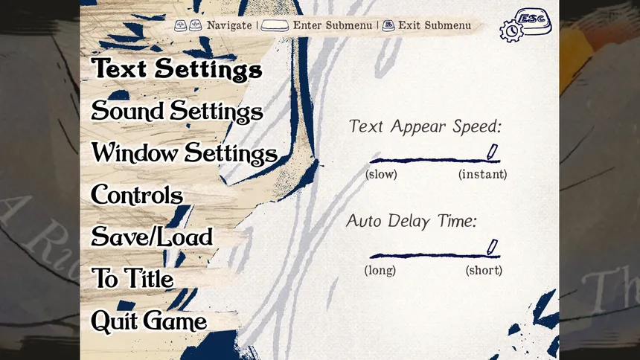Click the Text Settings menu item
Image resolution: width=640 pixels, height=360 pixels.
pos(176,68)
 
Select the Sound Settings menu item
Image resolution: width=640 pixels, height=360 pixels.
pos(177,111)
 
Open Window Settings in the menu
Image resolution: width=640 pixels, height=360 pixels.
pos(185,153)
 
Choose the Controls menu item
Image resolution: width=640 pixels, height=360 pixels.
pos(137,195)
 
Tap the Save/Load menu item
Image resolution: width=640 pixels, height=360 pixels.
pos(152,237)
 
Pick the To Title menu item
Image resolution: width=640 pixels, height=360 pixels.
pos(132,278)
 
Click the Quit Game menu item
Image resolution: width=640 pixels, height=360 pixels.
pos(149,321)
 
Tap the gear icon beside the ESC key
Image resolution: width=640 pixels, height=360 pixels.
pos(511,31)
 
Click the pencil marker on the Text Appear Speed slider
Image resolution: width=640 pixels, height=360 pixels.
pos(492,152)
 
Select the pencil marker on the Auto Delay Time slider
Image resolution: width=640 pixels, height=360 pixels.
pos(492,248)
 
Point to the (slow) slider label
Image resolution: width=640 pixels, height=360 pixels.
pos(381,174)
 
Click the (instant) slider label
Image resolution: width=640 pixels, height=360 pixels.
pos(483,174)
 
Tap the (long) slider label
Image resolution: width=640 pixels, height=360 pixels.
pos(380,270)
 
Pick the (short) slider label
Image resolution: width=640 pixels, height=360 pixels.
pos(484,270)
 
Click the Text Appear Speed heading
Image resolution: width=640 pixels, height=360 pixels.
pos(425,126)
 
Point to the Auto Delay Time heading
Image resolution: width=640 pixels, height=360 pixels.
pos(412,222)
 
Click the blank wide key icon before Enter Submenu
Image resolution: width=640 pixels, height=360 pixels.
pos(275,26)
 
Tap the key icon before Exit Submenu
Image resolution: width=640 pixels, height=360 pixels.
pos(388,26)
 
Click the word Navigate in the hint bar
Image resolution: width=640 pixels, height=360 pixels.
pos(229,25)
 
